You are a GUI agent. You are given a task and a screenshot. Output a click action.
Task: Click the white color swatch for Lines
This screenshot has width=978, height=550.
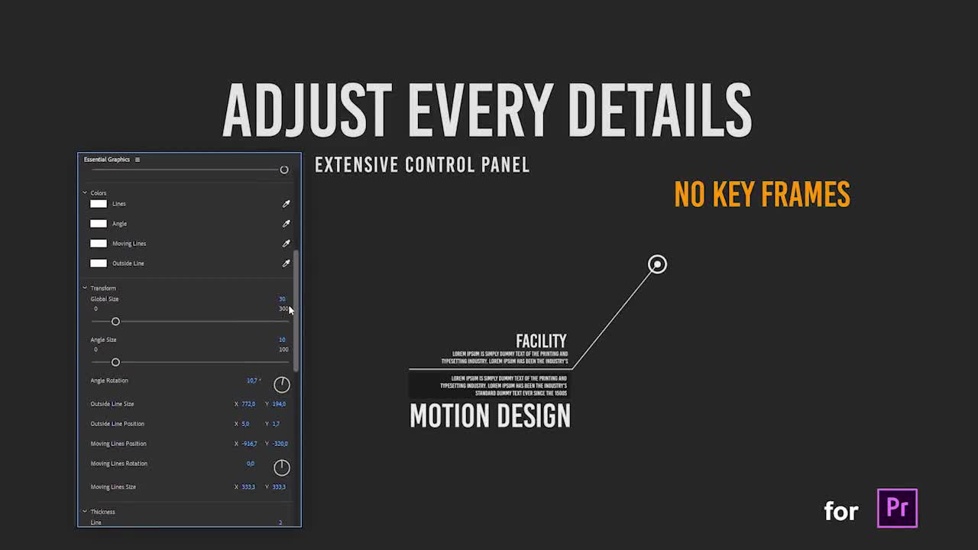point(99,204)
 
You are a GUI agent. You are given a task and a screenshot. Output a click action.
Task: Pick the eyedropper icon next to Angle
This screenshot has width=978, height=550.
point(286,224)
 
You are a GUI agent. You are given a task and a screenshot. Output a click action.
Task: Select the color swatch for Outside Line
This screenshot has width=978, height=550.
point(99,264)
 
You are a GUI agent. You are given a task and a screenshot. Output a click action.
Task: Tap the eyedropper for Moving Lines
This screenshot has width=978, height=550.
point(286,244)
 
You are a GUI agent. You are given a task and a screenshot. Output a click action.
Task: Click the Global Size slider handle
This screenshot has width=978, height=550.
point(115,322)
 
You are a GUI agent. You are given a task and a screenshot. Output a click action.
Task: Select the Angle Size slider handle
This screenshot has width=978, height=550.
point(115,362)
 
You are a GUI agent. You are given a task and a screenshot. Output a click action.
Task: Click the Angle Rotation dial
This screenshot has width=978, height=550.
point(281,384)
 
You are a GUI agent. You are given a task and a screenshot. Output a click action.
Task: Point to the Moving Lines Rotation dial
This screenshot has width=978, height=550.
point(281,467)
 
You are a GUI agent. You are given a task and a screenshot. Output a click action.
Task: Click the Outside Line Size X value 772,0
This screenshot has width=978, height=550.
point(248,404)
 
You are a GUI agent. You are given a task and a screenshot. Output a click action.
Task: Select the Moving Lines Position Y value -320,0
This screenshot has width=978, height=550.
point(280,444)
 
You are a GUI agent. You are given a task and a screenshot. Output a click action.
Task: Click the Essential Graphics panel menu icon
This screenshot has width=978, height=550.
point(138,160)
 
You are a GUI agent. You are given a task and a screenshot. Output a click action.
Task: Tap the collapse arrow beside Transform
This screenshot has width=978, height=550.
point(85,288)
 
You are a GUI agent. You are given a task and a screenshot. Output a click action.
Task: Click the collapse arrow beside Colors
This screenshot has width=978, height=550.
point(85,192)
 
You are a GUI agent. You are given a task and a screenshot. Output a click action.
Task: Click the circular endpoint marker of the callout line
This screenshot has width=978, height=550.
point(657,264)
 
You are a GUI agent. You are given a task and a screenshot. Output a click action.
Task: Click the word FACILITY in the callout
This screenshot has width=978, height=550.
point(541,341)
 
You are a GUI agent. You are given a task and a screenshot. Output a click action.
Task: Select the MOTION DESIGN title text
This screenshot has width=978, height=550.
point(490,416)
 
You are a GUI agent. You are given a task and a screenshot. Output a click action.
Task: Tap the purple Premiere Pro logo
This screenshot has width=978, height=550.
point(897,508)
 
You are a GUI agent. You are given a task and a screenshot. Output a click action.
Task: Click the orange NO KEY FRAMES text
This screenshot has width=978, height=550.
point(762,195)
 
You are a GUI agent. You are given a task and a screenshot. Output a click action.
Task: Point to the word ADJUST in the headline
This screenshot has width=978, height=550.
point(306,111)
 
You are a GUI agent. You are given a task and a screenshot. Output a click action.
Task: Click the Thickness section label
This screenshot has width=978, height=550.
point(102,512)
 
